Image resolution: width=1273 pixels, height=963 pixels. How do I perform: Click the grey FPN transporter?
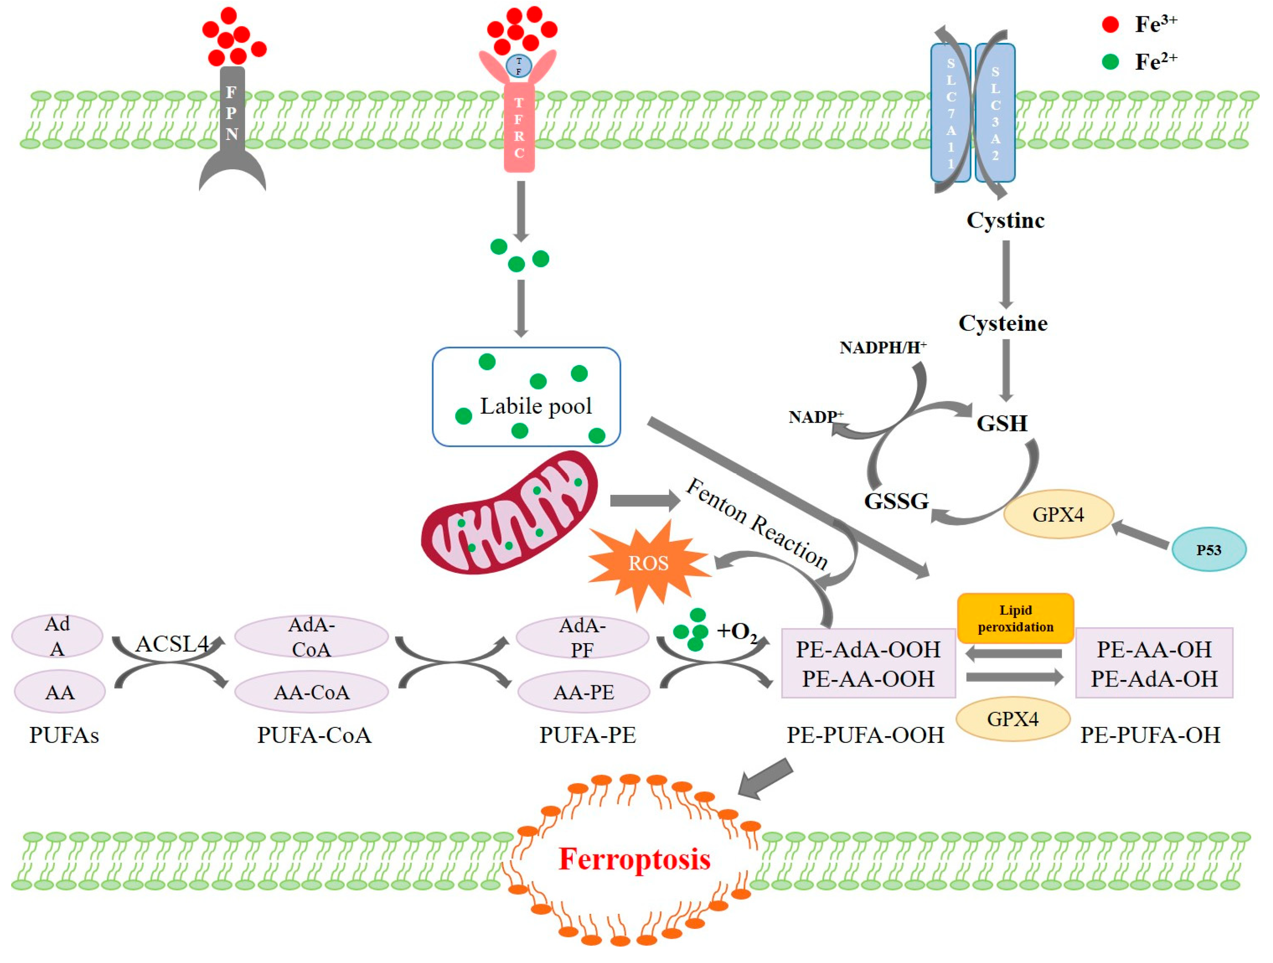(232, 115)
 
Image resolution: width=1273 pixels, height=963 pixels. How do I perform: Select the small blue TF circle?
(519, 66)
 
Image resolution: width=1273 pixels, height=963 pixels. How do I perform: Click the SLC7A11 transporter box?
(950, 112)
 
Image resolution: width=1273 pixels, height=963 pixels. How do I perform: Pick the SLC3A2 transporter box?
(995, 112)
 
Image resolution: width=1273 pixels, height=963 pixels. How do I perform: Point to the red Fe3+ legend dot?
(1110, 24)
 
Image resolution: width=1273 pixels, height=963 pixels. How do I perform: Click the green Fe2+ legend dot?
(1110, 62)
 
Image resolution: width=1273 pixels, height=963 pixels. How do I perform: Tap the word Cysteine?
(1003, 323)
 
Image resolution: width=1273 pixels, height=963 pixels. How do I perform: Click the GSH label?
(1001, 423)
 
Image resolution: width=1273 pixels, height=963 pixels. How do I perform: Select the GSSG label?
(896, 501)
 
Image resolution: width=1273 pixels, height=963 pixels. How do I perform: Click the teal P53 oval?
(1209, 549)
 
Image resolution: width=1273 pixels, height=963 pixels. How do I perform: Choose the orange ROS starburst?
(648, 563)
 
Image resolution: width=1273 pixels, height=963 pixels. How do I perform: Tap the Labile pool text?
(536, 406)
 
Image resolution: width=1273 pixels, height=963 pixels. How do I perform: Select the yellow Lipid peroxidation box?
(1015, 618)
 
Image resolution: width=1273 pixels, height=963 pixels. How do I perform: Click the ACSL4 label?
(172, 644)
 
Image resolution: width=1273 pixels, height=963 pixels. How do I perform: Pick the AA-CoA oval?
(311, 692)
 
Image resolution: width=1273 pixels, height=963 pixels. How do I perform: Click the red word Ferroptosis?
(634, 859)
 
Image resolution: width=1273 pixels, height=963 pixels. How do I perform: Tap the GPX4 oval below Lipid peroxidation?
(1012, 718)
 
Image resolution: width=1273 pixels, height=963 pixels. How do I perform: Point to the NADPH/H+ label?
(882, 347)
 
